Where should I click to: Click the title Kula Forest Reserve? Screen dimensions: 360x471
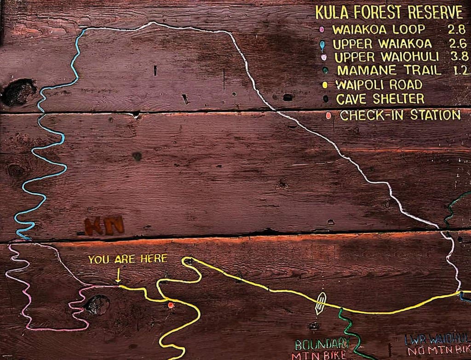[x=389, y=12]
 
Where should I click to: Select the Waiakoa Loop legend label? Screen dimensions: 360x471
[x=379, y=30]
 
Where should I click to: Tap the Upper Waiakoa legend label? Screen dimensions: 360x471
[x=382, y=44]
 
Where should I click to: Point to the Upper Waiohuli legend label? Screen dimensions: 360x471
[x=386, y=57]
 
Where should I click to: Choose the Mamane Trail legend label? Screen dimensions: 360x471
[x=389, y=71]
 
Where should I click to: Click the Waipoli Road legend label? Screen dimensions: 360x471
[x=379, y=85]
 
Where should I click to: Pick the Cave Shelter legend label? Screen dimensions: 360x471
[x=380, y=99]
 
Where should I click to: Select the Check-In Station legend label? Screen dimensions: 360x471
[x=400, y=115]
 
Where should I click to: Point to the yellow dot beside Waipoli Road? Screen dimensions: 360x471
[x=325, y=85]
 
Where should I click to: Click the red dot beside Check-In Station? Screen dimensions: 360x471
[x=328, y=115]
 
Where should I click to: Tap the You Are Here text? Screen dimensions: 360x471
[x=128, y=259]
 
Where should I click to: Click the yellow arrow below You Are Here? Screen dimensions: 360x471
[x=118, y=275]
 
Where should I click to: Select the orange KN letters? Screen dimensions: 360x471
[x=104, y=226]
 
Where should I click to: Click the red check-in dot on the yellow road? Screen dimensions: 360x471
[x=171, y=305]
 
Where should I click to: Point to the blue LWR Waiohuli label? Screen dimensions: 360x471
[x=437, y=339]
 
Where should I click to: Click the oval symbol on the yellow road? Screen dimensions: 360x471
[x=321, y=303]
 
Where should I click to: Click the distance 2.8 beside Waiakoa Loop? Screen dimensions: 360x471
[x=456, y=30]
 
